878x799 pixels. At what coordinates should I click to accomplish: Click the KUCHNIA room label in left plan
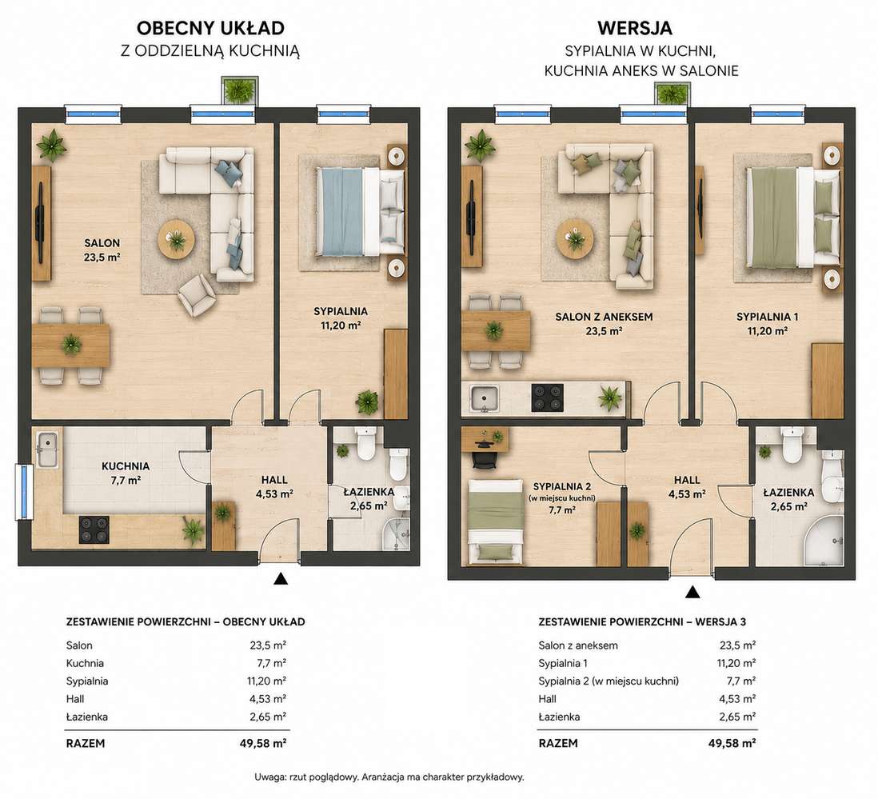point(126,465)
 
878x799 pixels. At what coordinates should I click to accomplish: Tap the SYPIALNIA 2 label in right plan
point(562,486)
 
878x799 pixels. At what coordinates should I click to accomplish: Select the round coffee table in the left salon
point(177,238)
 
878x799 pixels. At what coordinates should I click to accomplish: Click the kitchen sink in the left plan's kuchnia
point(47,449)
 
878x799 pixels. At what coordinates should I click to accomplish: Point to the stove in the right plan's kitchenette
point(547,398)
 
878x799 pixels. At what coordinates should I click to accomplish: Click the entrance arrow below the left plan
point(281,578)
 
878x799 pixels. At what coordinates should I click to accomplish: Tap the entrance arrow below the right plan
point(692,592)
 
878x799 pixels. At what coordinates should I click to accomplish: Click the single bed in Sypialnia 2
point(496,521)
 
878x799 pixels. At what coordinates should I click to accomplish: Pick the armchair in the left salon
point(197,294)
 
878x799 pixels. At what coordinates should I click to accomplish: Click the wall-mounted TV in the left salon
point(42,223)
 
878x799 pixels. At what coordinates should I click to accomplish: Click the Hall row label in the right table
point(548,699)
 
